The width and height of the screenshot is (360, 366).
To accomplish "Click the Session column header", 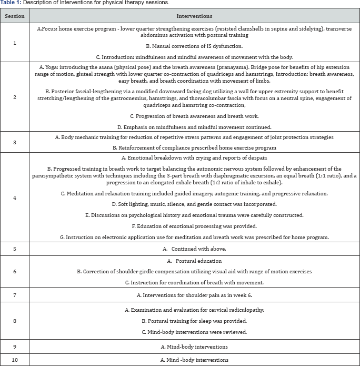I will pyautogui.click(x=14, y=16).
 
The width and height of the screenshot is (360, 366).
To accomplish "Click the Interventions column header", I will pyautogui.click(x=194, y=16).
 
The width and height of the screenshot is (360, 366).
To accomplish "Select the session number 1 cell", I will pyautogui.click(x=14, y=43).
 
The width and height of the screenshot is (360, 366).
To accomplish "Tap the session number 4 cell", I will pyautogui.click(x=14, y=197).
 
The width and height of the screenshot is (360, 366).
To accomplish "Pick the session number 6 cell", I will pyautogui.click(x=14, y=271).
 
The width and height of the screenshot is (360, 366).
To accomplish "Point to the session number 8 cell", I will pyautogui.click(x=14, y=320).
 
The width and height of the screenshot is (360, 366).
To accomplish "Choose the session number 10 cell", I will pyautogui.click(x=14, y=360).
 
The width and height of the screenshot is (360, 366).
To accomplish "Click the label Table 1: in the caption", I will pyautogui.click(x=11, y=3).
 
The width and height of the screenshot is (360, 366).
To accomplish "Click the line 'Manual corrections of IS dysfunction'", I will pyautogui.click(x=194, y=45).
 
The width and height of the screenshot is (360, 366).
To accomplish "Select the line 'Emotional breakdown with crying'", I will pyautogui.click(x=194, y=157).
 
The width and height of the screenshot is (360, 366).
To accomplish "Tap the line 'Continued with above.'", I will pyautogui.click(x=194, y=248).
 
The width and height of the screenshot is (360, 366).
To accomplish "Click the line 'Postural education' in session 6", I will pyautogui.click(x=194, y=261).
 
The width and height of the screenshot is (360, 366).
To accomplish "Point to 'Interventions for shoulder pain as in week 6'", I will pyautogui.click(x=194, y=295).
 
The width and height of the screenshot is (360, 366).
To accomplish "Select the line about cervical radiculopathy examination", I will pyautogui.click(x=194, y=310).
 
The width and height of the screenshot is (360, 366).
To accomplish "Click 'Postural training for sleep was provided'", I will pyautogui.click(x=194, y=320).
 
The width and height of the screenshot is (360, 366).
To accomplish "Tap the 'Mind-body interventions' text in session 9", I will pyautogui.click(x=194, y=347).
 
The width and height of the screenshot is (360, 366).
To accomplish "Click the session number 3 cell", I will pyautogui.click(x=14, y=142).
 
